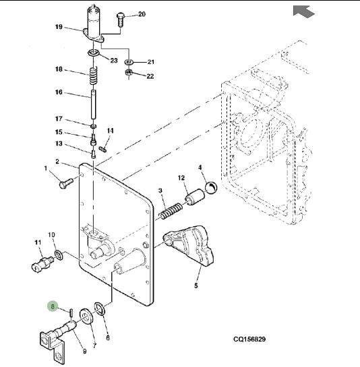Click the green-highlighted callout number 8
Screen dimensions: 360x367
53,306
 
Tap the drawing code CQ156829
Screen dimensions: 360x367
249,339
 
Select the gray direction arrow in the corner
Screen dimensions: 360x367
304,11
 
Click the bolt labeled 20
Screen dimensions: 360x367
120,20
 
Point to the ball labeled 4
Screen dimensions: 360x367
211,187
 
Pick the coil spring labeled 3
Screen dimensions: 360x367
171,211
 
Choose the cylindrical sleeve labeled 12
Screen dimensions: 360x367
195,197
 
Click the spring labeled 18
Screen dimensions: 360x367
93,76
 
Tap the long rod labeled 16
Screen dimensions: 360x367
93,104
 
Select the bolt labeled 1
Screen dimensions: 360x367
66,183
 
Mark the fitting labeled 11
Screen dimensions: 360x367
42,264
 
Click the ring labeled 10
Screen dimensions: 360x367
59,255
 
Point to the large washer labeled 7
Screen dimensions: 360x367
86,316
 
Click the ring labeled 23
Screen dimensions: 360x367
94,53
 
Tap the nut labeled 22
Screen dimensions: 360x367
129,72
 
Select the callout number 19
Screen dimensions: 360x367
59,27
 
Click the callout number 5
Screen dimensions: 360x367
196,286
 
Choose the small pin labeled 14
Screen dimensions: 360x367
103,149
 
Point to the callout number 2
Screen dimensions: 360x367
57,162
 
